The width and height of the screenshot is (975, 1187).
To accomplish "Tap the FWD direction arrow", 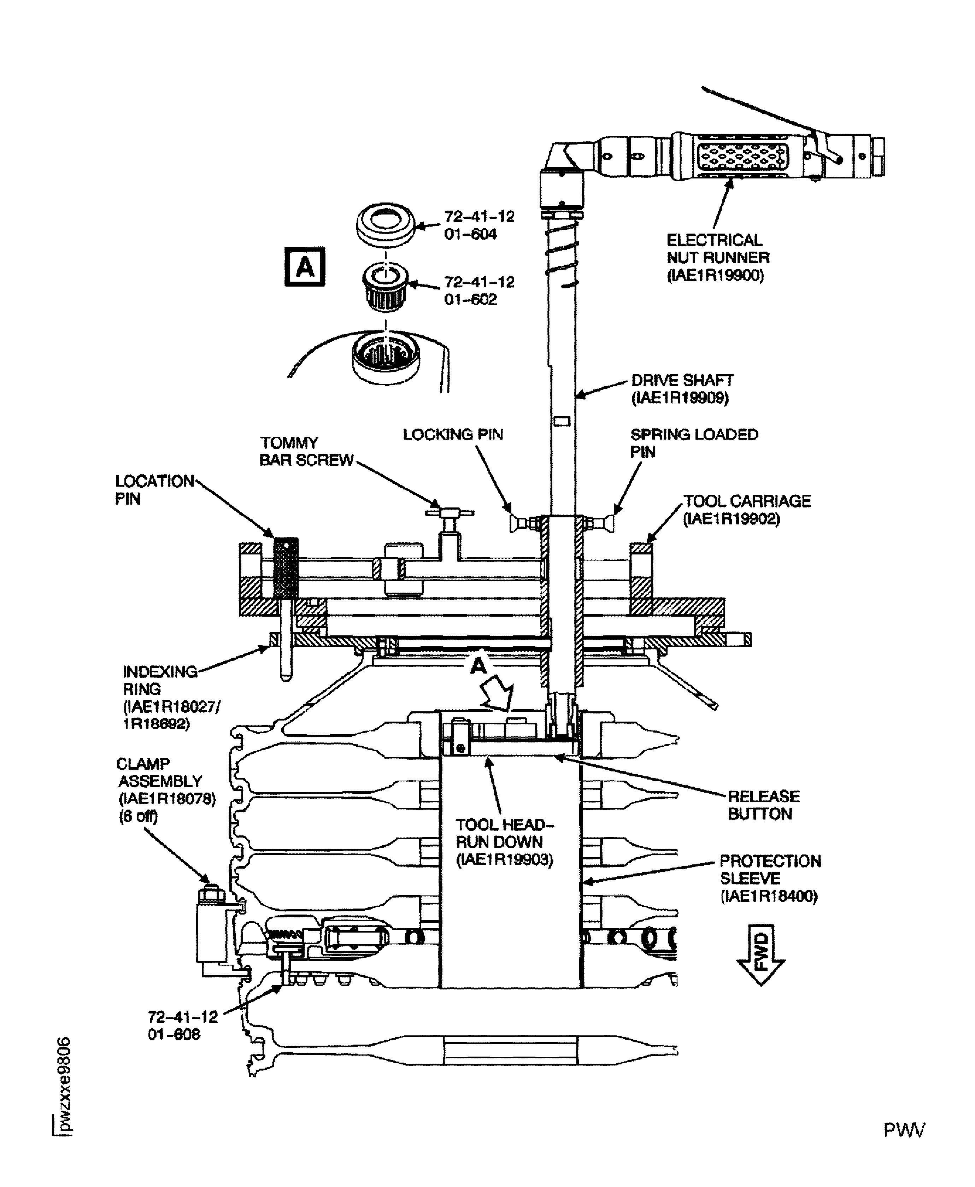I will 761,954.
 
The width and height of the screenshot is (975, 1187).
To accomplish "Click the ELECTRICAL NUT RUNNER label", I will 717,258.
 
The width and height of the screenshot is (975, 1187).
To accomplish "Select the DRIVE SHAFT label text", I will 682,389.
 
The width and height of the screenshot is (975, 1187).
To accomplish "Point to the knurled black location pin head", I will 286,568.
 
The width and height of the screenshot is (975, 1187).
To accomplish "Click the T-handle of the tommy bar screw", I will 449,512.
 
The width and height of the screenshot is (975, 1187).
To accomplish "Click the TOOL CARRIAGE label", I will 746,509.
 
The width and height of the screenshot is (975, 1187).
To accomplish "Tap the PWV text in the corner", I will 904,1129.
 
